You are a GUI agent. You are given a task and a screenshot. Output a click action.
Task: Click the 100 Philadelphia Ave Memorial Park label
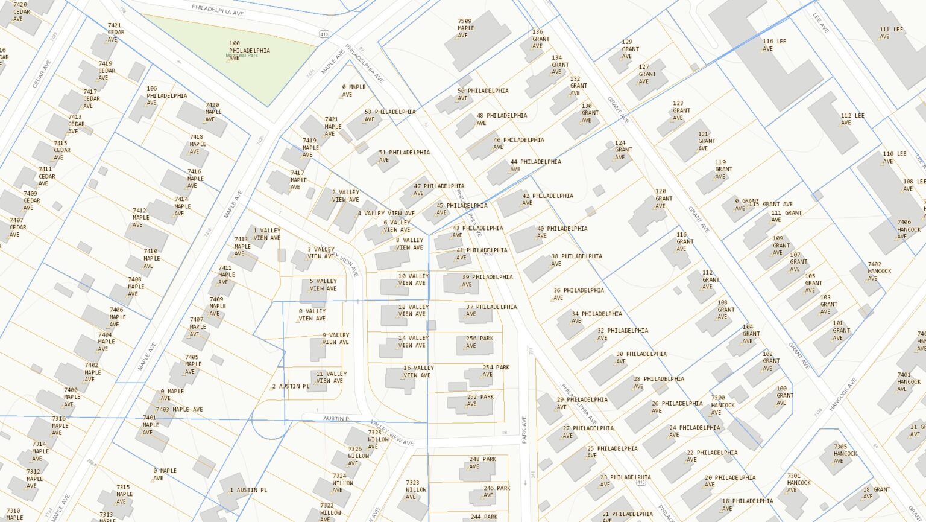pos(248,51)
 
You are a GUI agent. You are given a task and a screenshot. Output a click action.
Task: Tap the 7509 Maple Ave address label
pos(465,28)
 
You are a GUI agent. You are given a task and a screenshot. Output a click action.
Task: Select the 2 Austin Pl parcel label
pos(290,386)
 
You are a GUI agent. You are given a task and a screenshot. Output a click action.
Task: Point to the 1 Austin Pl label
pos(248,490)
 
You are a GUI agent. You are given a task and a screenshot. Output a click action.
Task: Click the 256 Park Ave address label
pos(479,342)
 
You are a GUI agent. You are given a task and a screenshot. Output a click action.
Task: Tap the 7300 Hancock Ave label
pos(722,405)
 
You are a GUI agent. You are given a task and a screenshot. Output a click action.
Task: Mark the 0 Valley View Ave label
pos(312,314)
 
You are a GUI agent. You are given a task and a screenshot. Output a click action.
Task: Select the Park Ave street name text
pos(524,429)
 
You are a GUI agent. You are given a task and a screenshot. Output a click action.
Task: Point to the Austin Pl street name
pos(337,418)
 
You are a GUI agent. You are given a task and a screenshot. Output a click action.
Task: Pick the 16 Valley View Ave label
pos(418,371)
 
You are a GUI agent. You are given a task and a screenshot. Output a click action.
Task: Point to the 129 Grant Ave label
pos(629,49)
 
